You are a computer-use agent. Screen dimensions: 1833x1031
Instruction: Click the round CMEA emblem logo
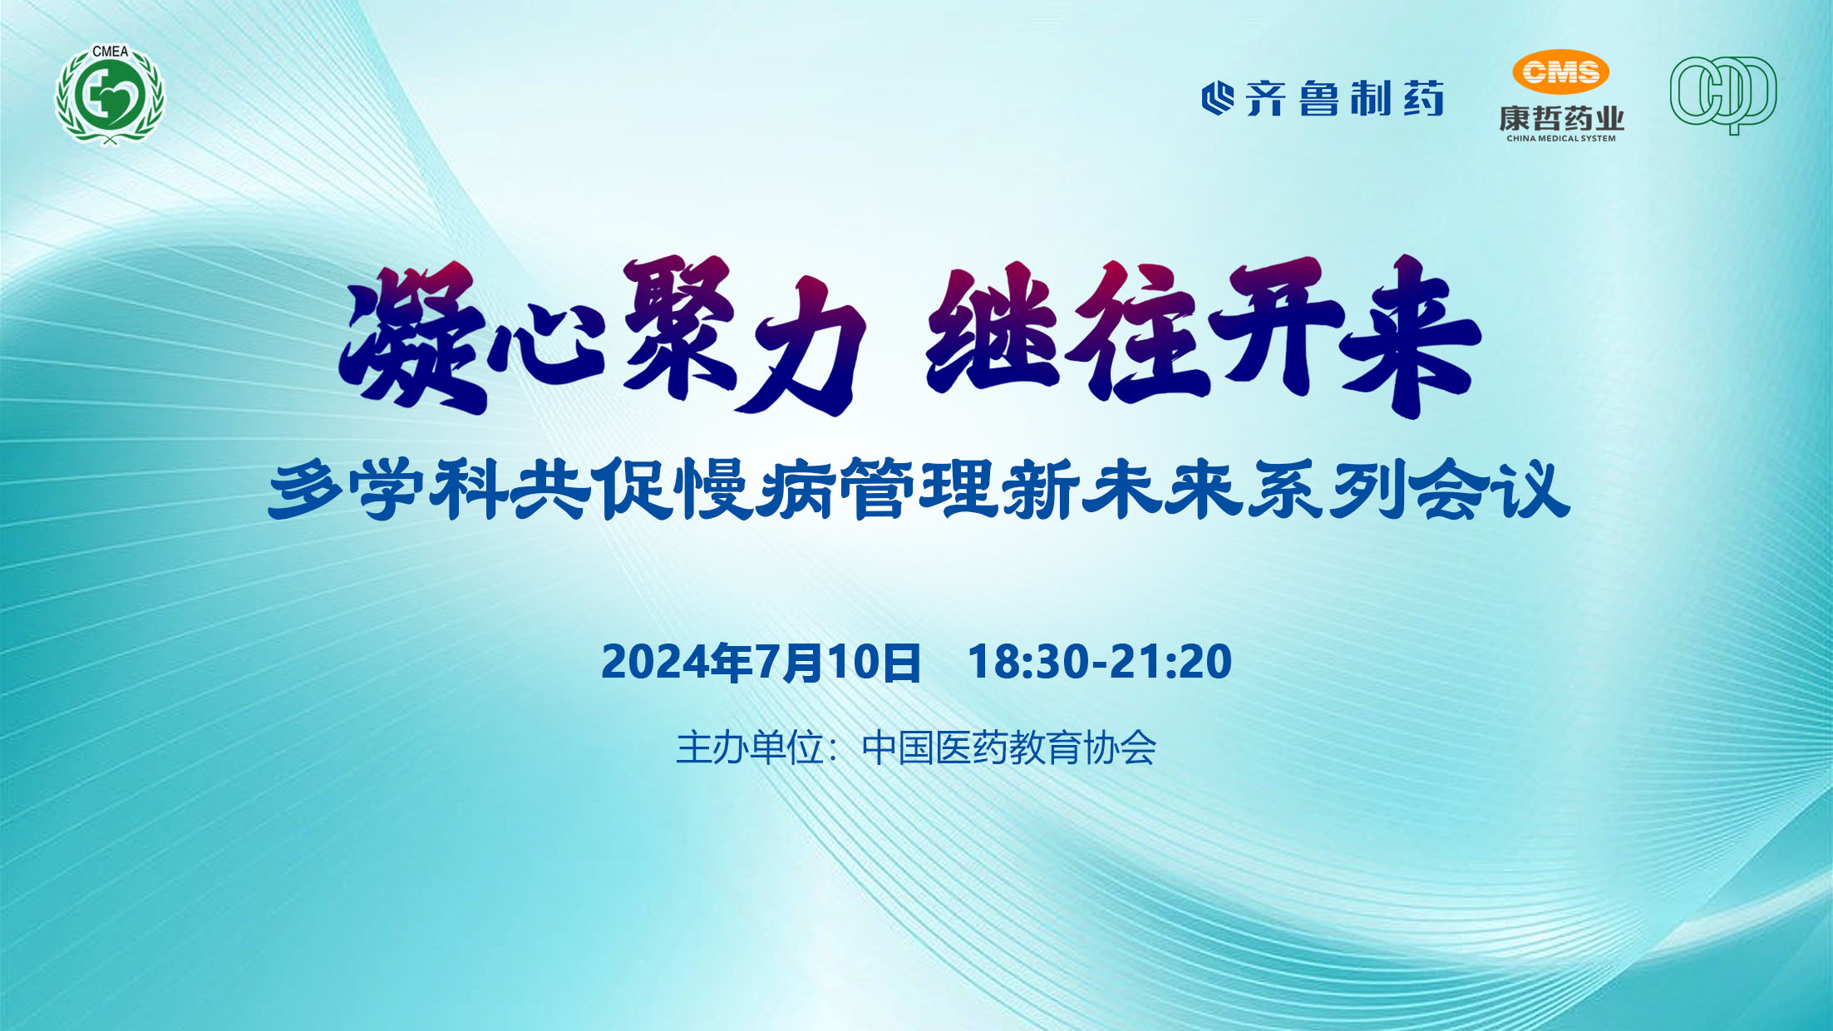(x=110, y=95)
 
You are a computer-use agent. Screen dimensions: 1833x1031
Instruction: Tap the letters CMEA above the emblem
(x=110, y=52)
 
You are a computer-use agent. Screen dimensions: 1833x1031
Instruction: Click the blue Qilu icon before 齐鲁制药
(x=1218, y=98)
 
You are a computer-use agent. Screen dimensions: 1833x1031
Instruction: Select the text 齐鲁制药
(x=1344, y=98)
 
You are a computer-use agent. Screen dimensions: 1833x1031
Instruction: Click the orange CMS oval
(x=1560, y=72)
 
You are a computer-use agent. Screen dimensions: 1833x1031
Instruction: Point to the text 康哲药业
(x=1561, y=118)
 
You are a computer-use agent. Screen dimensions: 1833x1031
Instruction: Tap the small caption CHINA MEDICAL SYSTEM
(x=1561, y=139)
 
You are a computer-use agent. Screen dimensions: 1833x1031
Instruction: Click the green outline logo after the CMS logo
(x=1723, y=95)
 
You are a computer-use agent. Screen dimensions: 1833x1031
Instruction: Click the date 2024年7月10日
(x=761, y=663)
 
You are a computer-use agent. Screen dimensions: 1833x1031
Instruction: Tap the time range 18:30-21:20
(x=1100, y=662)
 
